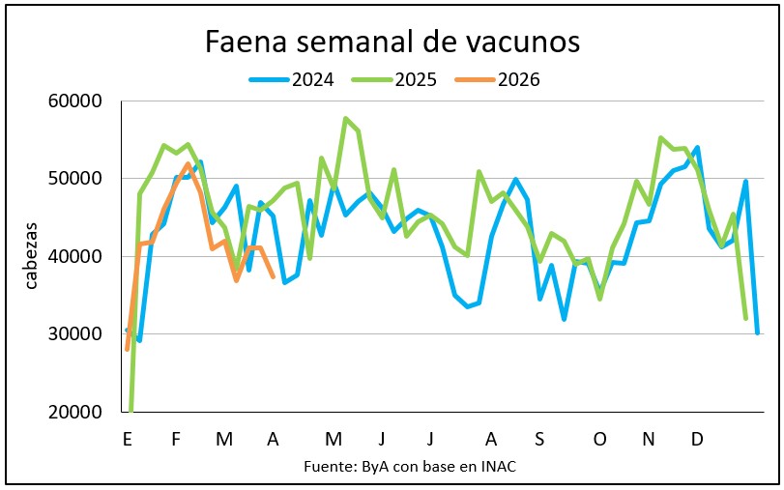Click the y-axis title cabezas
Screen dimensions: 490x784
[x=32, y=257]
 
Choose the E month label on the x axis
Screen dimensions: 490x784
[x=128, y=440]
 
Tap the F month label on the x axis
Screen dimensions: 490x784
[x=176, y=440]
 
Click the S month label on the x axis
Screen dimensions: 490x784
[x=539, y=440]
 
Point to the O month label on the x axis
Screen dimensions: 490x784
[x=600, y=440]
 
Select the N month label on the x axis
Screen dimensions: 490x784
[x=649, y=440]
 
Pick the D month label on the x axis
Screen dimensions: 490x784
[x=697, y=440]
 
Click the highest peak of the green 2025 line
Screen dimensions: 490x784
[x=345, y=119]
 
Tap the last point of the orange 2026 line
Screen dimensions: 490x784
[x=273, y=277]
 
